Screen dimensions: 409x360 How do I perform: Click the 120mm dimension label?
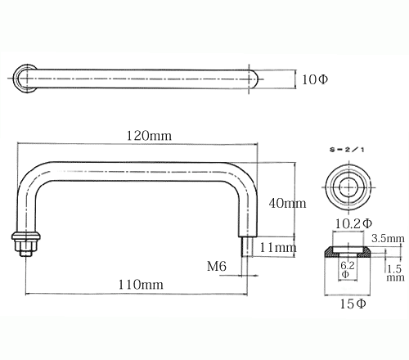pyautogui.click(x=149, y=136)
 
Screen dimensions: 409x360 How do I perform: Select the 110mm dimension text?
pyautogui.click(x=141, y=285)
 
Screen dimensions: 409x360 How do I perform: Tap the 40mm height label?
pyautogui.click(x=287, y=204)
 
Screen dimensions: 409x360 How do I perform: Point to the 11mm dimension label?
pyautogui.click(x=278, y=248)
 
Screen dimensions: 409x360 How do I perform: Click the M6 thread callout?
pyautogui.click(x=217, y=266)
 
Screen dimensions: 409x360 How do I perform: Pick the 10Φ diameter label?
pyautogui.click(x=315, y=79)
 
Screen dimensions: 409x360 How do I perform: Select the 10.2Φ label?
pyautogui.click(x=353, y=224)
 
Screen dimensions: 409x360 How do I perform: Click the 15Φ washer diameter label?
pyautogui.click(x=353, y=304)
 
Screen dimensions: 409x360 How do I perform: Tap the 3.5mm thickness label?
pyautogui.click(x=388, y=239)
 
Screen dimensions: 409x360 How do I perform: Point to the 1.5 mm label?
pyautogui.click(x=395, y=273)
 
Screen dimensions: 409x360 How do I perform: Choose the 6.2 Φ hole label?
pyautogui.click(x=347, y=269)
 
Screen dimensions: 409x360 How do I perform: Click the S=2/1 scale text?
pyautogui.click(x=347, y=150)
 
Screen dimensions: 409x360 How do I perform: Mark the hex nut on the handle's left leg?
pyautogui.click(x=26, y=247)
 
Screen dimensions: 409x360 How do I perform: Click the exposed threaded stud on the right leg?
pyautogui.click(x=247, y=246)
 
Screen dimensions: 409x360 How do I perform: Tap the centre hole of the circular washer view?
pyautogui.click(x=349, y=187)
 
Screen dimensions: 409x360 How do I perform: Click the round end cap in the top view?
pyautogui.click(x=24, y=79)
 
